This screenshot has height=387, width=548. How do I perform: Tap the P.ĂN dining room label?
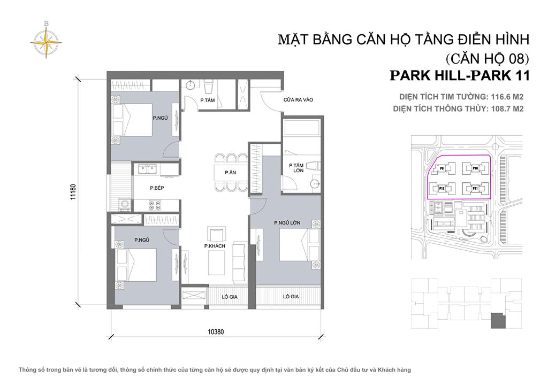click(230, 173)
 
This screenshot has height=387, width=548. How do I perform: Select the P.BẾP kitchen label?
click(156, 188)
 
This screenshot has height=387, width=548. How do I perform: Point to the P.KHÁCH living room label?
click(214, 246)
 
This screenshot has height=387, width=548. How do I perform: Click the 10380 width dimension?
click(216, 331)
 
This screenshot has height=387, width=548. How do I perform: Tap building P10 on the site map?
click(474, 168)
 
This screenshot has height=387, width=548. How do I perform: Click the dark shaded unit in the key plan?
click(498, 320)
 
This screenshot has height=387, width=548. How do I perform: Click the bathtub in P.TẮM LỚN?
click(301, 128)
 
